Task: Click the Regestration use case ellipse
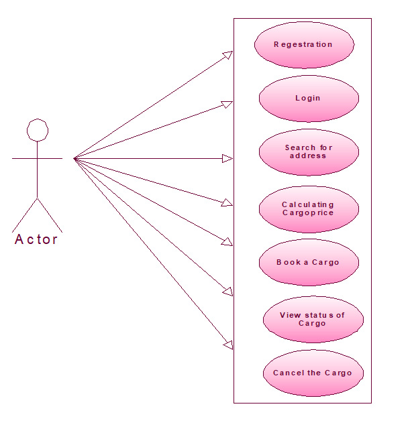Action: pyautogui.click(x=304, y=44)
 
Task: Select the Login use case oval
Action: pyautogui.click(x=309, y=99)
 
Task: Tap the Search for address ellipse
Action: pyautogui.click(x=309, y=152)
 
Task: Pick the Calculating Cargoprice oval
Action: pyautogui.click(x=309, y=209)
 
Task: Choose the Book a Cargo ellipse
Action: pyautogui.click(x=309, y=262)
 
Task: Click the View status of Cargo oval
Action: pyautogui.click(x=313, y=319)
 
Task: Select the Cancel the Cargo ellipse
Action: pyautogui.click(x=313, y=373)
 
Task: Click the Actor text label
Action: pyautogui.click(x=36, y=239)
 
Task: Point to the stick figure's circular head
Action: pyautogui.click(x=37, y=129)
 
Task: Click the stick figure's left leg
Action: pyautogui.click(x=25, y=215)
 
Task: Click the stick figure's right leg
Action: pyautogui.click(x=50, y=215)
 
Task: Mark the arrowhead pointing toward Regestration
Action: pyautogui.click(x=228, y=54)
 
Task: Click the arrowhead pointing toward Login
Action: pyautogui.click(x=227, y=105)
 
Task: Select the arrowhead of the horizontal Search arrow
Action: pyautogui.click(x=227, y=159)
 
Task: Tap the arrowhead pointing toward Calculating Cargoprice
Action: pyautogui.click(x=227, y=202)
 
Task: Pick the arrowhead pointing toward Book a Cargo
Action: pyautogui.click(x=228, y=242)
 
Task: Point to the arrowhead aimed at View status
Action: pyautogui.click(x=228, y=292)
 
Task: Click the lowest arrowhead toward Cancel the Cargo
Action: pyautogui.click(x=228, y=345)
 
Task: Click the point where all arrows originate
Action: pyautogui.click(x=74, y=159)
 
